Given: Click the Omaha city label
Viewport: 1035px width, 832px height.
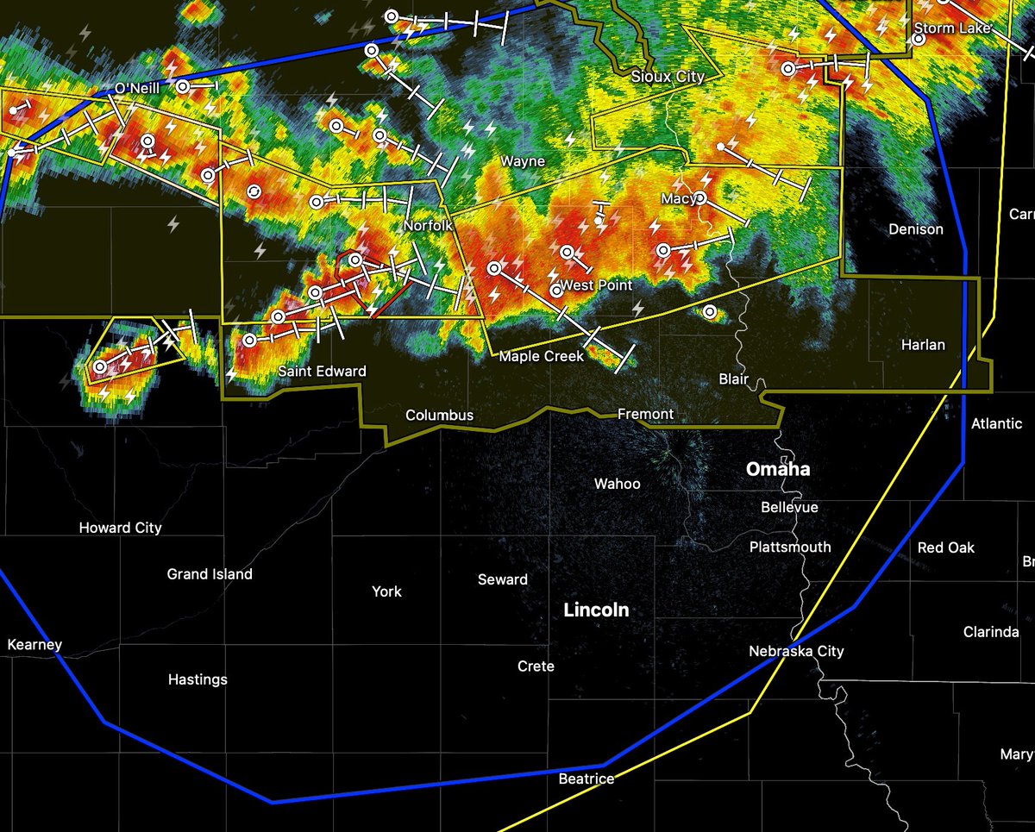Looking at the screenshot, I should pos(778,469).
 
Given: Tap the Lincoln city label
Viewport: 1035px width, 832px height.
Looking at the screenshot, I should pos(596,610).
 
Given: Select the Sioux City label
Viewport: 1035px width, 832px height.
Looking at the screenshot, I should pos(667,77).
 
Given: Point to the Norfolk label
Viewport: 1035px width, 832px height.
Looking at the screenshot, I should pos(428,226).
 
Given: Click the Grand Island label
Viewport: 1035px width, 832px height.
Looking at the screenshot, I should pos(210,574).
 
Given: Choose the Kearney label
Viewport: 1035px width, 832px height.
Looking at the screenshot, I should pos(34,645).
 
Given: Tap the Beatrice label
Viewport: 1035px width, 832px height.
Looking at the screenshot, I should pos(586,779).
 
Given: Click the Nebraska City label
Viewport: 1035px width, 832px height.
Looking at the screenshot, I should pos(796,652).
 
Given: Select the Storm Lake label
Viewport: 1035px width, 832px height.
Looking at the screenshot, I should pos(946,28).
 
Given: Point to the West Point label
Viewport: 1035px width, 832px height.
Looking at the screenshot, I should pos(596,285).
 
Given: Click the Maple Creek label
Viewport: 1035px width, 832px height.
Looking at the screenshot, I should pos(542,356).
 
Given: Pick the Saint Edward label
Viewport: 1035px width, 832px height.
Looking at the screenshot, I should pos(322,372).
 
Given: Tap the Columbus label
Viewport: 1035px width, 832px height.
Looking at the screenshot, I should pos(440,416).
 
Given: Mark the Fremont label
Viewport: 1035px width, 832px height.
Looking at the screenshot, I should pos(645,415).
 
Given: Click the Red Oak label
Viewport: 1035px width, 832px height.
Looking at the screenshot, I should pos(946,547).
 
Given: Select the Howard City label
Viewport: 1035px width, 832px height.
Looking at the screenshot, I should pos(120,528).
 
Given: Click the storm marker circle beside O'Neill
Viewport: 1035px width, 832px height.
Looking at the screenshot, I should pos(183,86).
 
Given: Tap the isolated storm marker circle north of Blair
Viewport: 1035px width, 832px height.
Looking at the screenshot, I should pos(709,312).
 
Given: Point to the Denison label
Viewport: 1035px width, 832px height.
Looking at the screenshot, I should pos(916,229).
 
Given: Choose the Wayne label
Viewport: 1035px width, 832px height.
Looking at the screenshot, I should pos(523,161).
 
